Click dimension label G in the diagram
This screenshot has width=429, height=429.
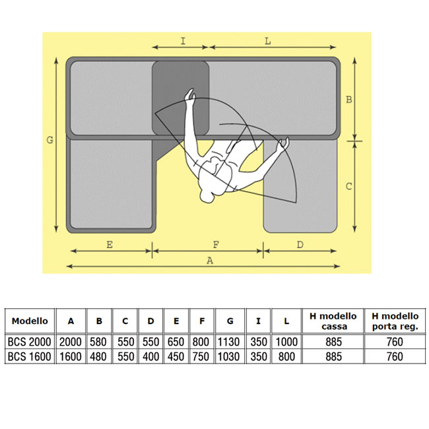49,140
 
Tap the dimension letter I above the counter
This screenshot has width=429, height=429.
183,41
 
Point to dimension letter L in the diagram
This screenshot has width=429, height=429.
268,42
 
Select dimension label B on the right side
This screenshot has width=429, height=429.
349,100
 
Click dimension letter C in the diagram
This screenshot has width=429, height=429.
349,187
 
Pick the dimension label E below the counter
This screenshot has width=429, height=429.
110,244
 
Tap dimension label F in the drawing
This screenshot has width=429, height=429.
216,244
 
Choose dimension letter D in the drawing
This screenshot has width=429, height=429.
300,244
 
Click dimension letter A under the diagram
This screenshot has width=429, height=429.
210,261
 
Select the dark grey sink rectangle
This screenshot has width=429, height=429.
181,98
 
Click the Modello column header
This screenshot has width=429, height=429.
30,321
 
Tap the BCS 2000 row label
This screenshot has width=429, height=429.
29,342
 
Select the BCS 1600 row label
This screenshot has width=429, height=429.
29,356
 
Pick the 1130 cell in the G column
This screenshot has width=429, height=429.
228,342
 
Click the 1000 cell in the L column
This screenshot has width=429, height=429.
286,342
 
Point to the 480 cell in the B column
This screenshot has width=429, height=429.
98,356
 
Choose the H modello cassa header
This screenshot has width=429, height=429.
333,321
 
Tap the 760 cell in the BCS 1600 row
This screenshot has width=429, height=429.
395,356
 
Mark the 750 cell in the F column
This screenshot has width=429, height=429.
201,356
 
